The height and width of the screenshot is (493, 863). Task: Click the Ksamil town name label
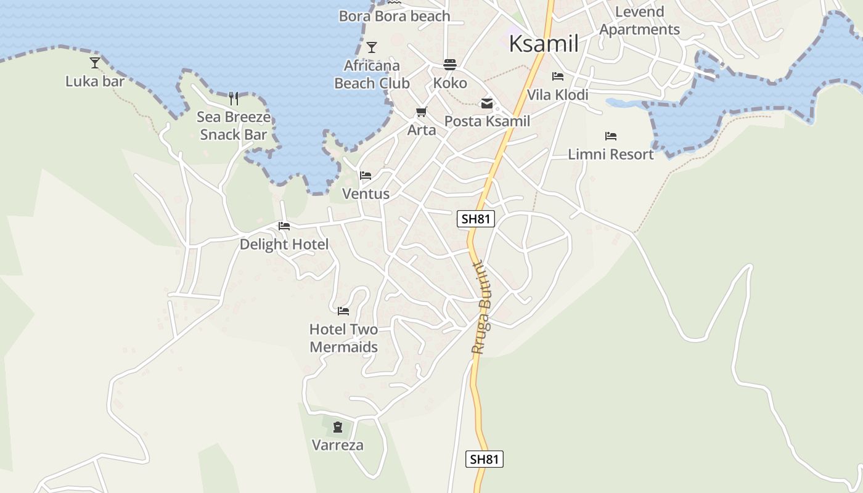point(544,44)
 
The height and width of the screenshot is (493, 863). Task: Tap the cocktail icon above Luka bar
point(95,62)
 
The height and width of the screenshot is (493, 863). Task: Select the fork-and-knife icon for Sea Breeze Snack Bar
point(234,99)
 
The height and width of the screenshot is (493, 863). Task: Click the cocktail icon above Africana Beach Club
point(372,47)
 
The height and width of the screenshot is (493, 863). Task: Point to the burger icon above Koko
point(450,65)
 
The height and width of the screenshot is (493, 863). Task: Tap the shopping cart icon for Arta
point(422,112)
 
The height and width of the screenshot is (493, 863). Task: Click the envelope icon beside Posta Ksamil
point(487,104)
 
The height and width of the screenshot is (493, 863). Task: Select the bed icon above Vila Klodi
point(558,76)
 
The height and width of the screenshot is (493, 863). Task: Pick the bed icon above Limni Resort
point(611,136)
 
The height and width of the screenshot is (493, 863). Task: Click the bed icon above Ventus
point(366,176)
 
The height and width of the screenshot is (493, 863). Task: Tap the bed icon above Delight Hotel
point(284,226)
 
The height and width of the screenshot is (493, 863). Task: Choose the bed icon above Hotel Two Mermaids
point(343,311)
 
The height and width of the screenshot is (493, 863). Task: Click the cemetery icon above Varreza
point(338,426)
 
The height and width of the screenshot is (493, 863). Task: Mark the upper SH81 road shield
point(476,219)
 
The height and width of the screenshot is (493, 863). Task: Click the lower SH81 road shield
point(484,459)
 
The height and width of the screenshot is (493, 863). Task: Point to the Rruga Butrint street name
point(481,308)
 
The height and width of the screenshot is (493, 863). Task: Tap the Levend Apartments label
point(639,20)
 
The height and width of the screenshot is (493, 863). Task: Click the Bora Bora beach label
point(395,16)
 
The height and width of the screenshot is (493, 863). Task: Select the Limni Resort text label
point(610,154)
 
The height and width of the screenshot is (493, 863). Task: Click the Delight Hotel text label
point(284,244)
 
